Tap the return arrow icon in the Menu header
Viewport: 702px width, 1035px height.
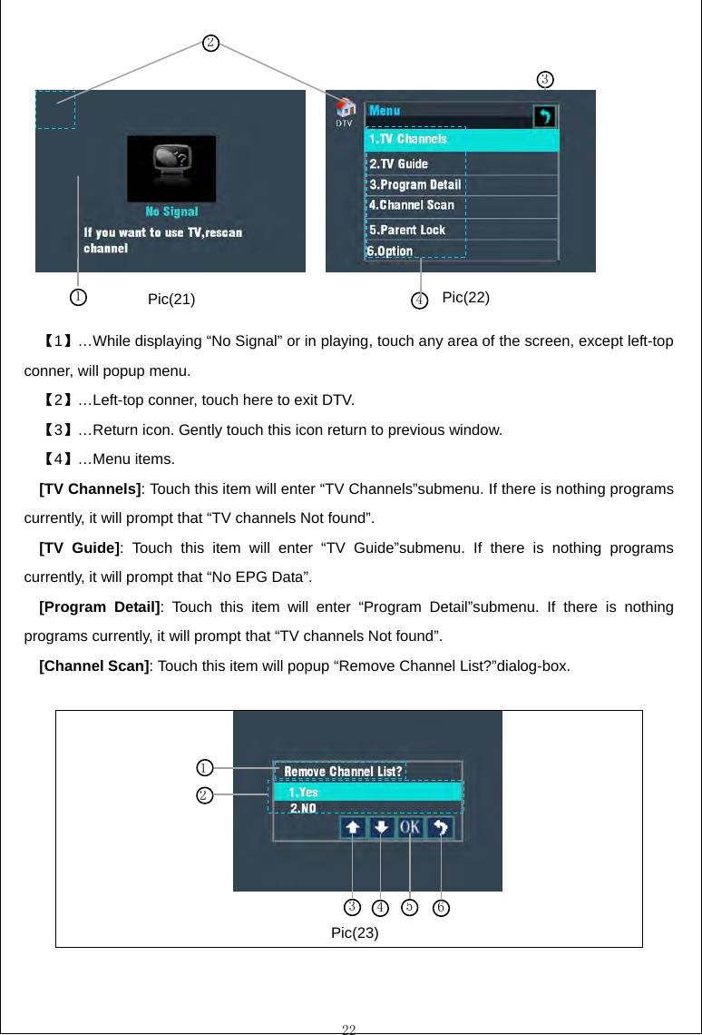[544, 116]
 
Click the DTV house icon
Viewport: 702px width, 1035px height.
[345, 109]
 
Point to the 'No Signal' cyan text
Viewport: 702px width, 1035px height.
[171, 212]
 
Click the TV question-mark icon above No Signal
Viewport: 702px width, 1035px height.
[171, 168]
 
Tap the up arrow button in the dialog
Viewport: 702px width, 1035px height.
[353, 827]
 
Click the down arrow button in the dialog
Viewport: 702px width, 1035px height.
[382, 827]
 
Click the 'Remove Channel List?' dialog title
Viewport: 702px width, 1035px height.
[343, 772]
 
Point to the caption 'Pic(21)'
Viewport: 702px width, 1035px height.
[171, 300]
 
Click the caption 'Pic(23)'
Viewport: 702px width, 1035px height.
[355, 932]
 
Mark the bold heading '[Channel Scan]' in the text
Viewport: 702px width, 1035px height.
[94, 665]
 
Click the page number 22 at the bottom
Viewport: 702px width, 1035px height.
[349, 1028]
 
